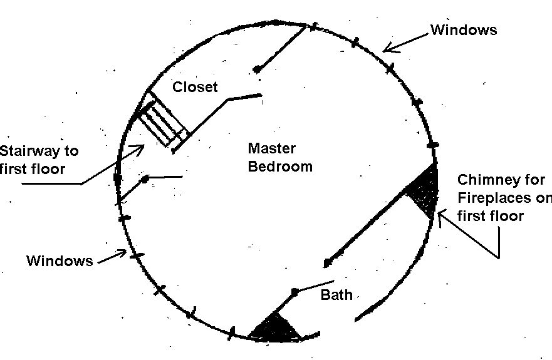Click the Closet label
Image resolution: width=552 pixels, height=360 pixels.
tap(195, 87)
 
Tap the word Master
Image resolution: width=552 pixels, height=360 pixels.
tap(272, 148)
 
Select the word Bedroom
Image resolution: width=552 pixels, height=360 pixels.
tap(280, 166)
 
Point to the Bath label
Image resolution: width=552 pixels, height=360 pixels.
tap(336, 294)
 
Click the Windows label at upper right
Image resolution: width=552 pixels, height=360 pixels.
tap(464, 30)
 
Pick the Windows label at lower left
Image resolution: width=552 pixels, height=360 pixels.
tap(60, 260)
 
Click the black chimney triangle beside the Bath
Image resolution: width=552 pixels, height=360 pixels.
tap(275, 329)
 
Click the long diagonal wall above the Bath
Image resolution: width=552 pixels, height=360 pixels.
tap(366, 227)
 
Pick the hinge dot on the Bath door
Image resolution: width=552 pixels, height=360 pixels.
tap(295, 291)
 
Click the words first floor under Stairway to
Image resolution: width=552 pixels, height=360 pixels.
tap(33, 169)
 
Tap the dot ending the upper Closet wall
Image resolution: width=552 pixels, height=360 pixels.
tap(257, 69)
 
